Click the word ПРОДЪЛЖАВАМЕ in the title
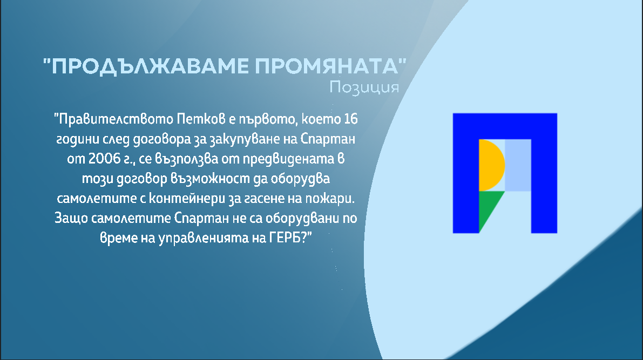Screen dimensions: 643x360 (x=150, y=66)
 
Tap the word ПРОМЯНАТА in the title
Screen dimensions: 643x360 (x=327, y=66)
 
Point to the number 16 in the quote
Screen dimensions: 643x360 (x=350, y=119)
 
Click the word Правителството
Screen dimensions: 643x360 (x=116, y=119)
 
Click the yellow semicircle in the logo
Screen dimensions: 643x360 (x=491, y=165)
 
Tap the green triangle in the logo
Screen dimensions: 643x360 (x=488, y=207)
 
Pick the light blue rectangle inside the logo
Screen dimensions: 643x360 (x=518, y=165)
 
